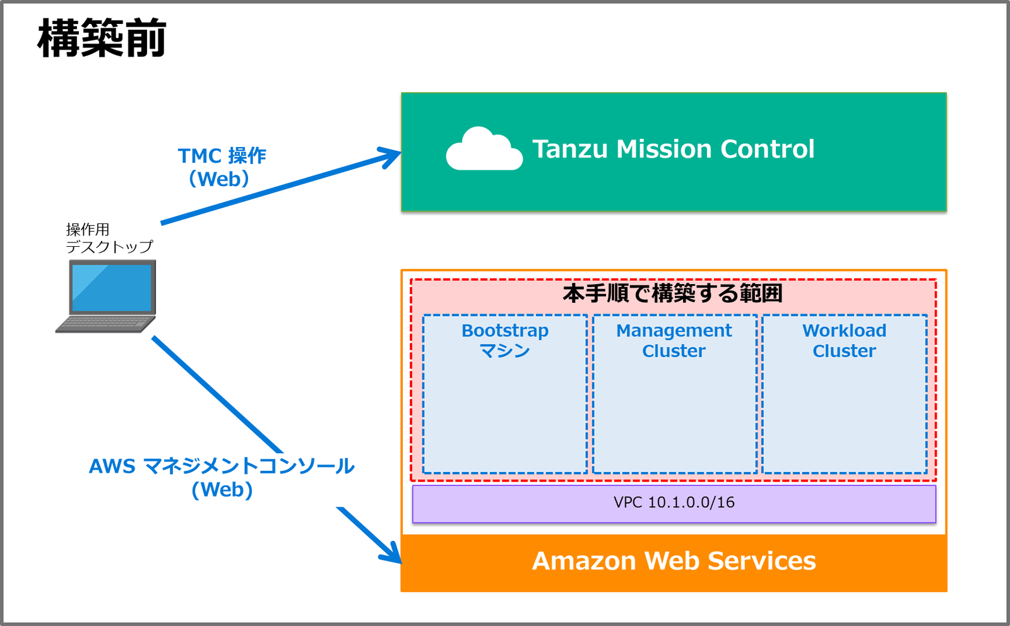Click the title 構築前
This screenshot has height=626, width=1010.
pos(102,38)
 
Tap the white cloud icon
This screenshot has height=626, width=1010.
pos(484,150)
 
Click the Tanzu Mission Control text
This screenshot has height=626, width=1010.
pos(673,149)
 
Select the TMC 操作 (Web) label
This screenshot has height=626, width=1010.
pos(222,167)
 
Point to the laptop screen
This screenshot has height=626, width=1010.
pos(112,288)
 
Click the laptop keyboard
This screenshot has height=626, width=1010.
pos(105,323)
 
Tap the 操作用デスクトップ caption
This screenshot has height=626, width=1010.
pos(109,238)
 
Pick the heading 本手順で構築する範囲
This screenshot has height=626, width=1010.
pos(673,293)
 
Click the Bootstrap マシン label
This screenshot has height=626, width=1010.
pos(505,340)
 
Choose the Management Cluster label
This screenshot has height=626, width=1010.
pos(674,340)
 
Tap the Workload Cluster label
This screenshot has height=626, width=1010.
pos(844,340)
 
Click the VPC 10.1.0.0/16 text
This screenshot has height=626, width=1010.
pos(674,502)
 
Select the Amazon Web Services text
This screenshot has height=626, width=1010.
pos(674,561)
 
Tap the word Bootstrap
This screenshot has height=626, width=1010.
pos(505,331)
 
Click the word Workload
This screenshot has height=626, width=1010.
pos(844,331)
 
